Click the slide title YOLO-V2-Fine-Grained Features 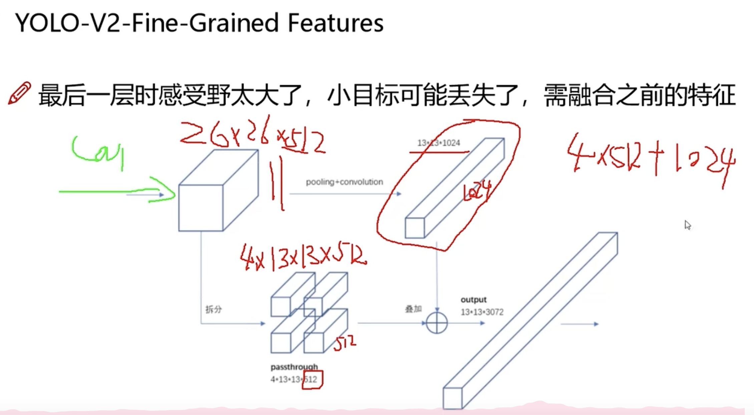pos(199,23)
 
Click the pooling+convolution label pos(344,182)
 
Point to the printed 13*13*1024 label pos(438,143)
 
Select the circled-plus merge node pos(437,323)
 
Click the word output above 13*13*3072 pos(473,300)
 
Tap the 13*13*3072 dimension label pos(482,312)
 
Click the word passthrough pos(294,367)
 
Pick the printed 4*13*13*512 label pos(294,379)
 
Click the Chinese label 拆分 pos(214,310)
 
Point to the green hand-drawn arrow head pos(165,192)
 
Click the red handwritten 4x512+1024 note pos(651,158)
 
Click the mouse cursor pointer pos(688,225)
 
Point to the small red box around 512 pos(313,380)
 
